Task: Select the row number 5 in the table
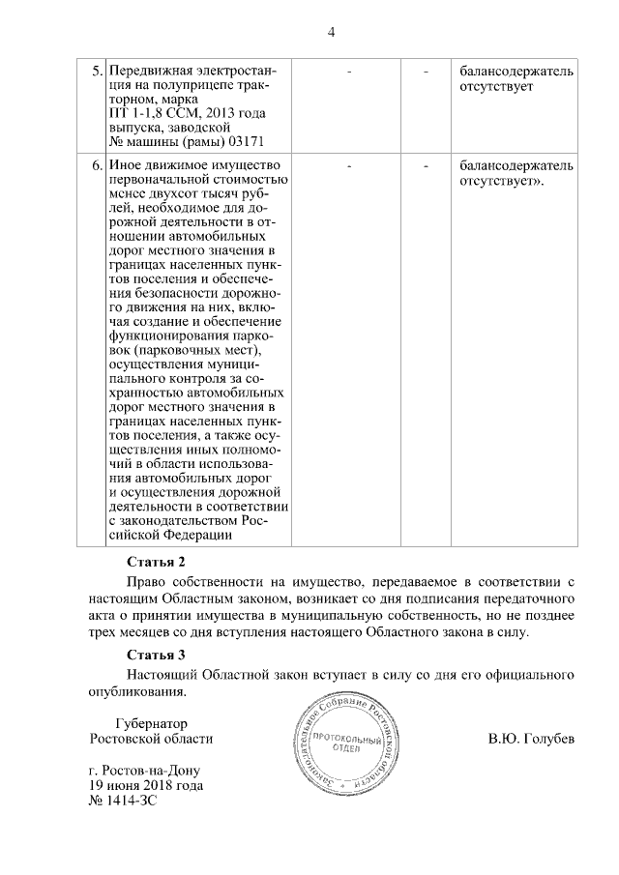[x=96, y=73]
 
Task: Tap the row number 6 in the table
[x=96, y=165]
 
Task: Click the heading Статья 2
[x=156, y=562]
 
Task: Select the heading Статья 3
[x=156, y=656]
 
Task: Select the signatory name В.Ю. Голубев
[x=531, y=740]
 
